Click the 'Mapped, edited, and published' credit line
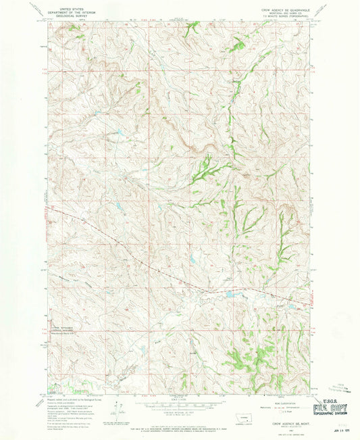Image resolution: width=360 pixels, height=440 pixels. point(75,399)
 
